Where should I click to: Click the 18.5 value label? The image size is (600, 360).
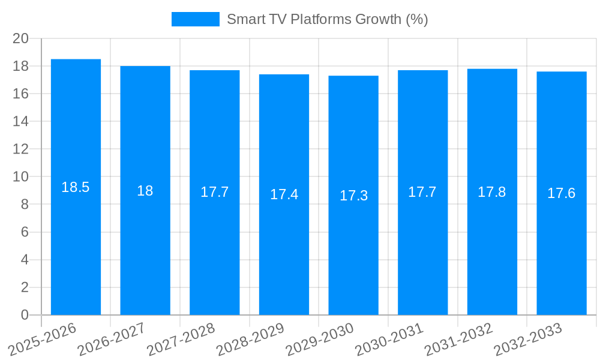76,187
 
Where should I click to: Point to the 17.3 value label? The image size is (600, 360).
353,196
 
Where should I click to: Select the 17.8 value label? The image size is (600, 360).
492,192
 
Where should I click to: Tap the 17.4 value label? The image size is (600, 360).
284,194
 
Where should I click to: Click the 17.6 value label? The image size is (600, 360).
562,193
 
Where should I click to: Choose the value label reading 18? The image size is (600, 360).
145,191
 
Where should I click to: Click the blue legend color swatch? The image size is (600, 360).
195,19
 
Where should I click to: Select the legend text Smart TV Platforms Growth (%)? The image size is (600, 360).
327,19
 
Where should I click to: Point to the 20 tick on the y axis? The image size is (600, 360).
21,38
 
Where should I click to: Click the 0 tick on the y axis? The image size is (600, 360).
25,315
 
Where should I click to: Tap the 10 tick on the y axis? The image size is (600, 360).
21,177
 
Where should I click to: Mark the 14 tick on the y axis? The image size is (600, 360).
21,122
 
